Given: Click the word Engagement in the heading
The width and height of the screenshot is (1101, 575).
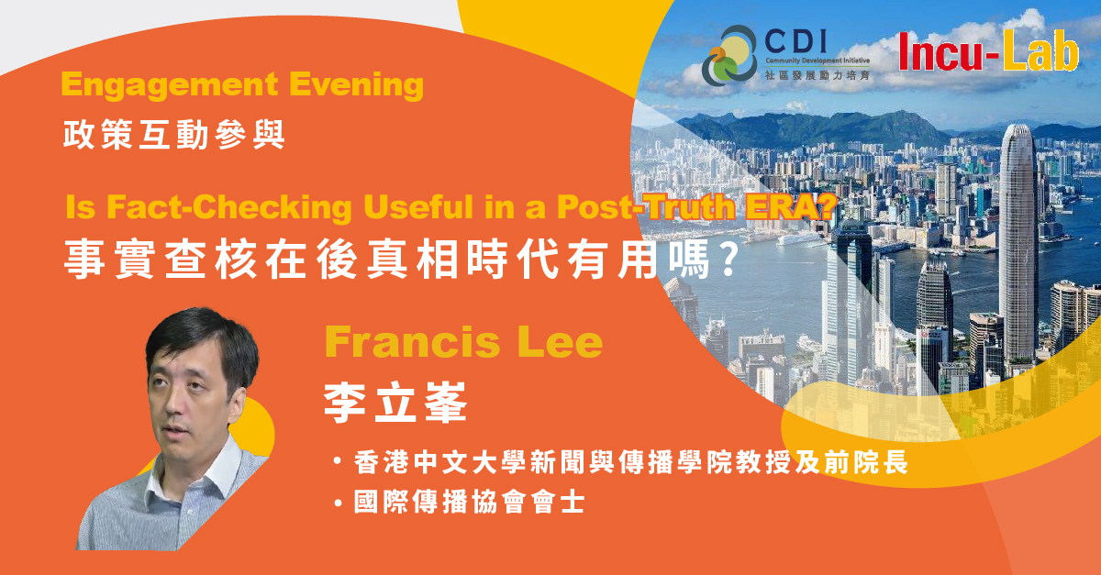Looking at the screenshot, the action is [x=170, y=85].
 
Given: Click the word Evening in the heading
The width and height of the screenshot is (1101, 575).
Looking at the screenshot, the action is [x=356, y=84].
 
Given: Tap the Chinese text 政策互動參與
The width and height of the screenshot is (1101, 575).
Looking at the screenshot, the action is [x=174, y=134].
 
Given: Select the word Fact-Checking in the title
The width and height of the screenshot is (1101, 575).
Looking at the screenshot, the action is [x=229, y=207].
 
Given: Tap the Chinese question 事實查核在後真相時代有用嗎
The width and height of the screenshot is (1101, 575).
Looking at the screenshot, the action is [x=387, y=259].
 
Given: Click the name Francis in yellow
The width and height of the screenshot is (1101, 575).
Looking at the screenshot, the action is [x=412, y=342].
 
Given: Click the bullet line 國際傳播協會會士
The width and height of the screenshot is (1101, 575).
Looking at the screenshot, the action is [x=469, y=503].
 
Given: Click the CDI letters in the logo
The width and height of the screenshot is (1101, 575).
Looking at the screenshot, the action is [x=795, y=42].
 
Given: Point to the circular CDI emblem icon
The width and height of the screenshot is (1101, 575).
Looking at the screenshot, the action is [x=729, y=55].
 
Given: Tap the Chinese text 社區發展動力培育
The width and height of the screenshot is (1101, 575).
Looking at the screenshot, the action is [x=817, y=75].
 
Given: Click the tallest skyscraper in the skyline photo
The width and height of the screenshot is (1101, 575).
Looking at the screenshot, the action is [x=1018, y=241].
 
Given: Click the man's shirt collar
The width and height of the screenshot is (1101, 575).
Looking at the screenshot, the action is [x=196, y=467].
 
